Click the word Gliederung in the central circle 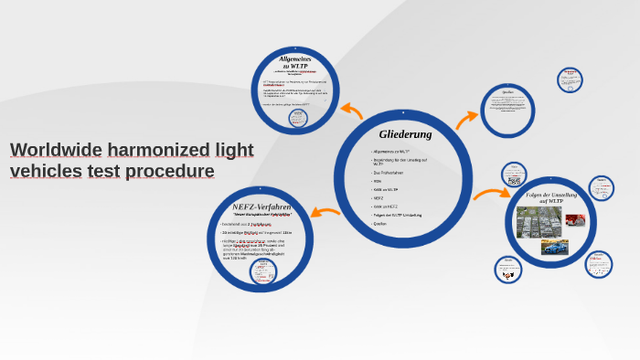(x=405, y=134)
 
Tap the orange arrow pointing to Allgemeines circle (x=351, y=111)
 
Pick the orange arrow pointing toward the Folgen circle (x=491, y=194)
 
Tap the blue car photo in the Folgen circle (x=554, y=247)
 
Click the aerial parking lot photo (x=539, y=220)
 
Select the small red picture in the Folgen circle (x=575, y=219)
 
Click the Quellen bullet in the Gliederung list (x=380, y=223)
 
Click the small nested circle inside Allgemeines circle (x=299, y=117)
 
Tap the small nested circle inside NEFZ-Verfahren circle (x=264, y=270)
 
